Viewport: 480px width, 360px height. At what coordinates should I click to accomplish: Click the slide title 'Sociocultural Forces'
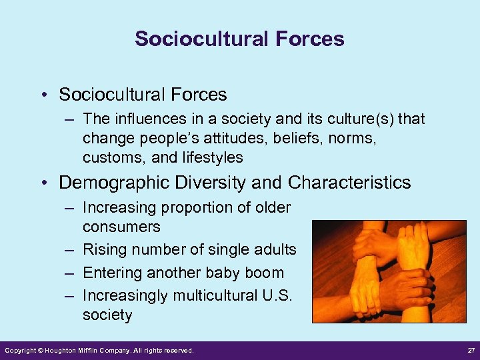pos(239,39)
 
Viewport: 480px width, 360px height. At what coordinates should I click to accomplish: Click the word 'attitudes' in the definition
pos(215,139)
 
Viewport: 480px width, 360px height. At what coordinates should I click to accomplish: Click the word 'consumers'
pos(121,227)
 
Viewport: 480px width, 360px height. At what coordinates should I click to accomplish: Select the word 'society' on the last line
pos(107,315)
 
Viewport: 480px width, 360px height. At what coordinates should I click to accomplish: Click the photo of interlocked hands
pos(389,271)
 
